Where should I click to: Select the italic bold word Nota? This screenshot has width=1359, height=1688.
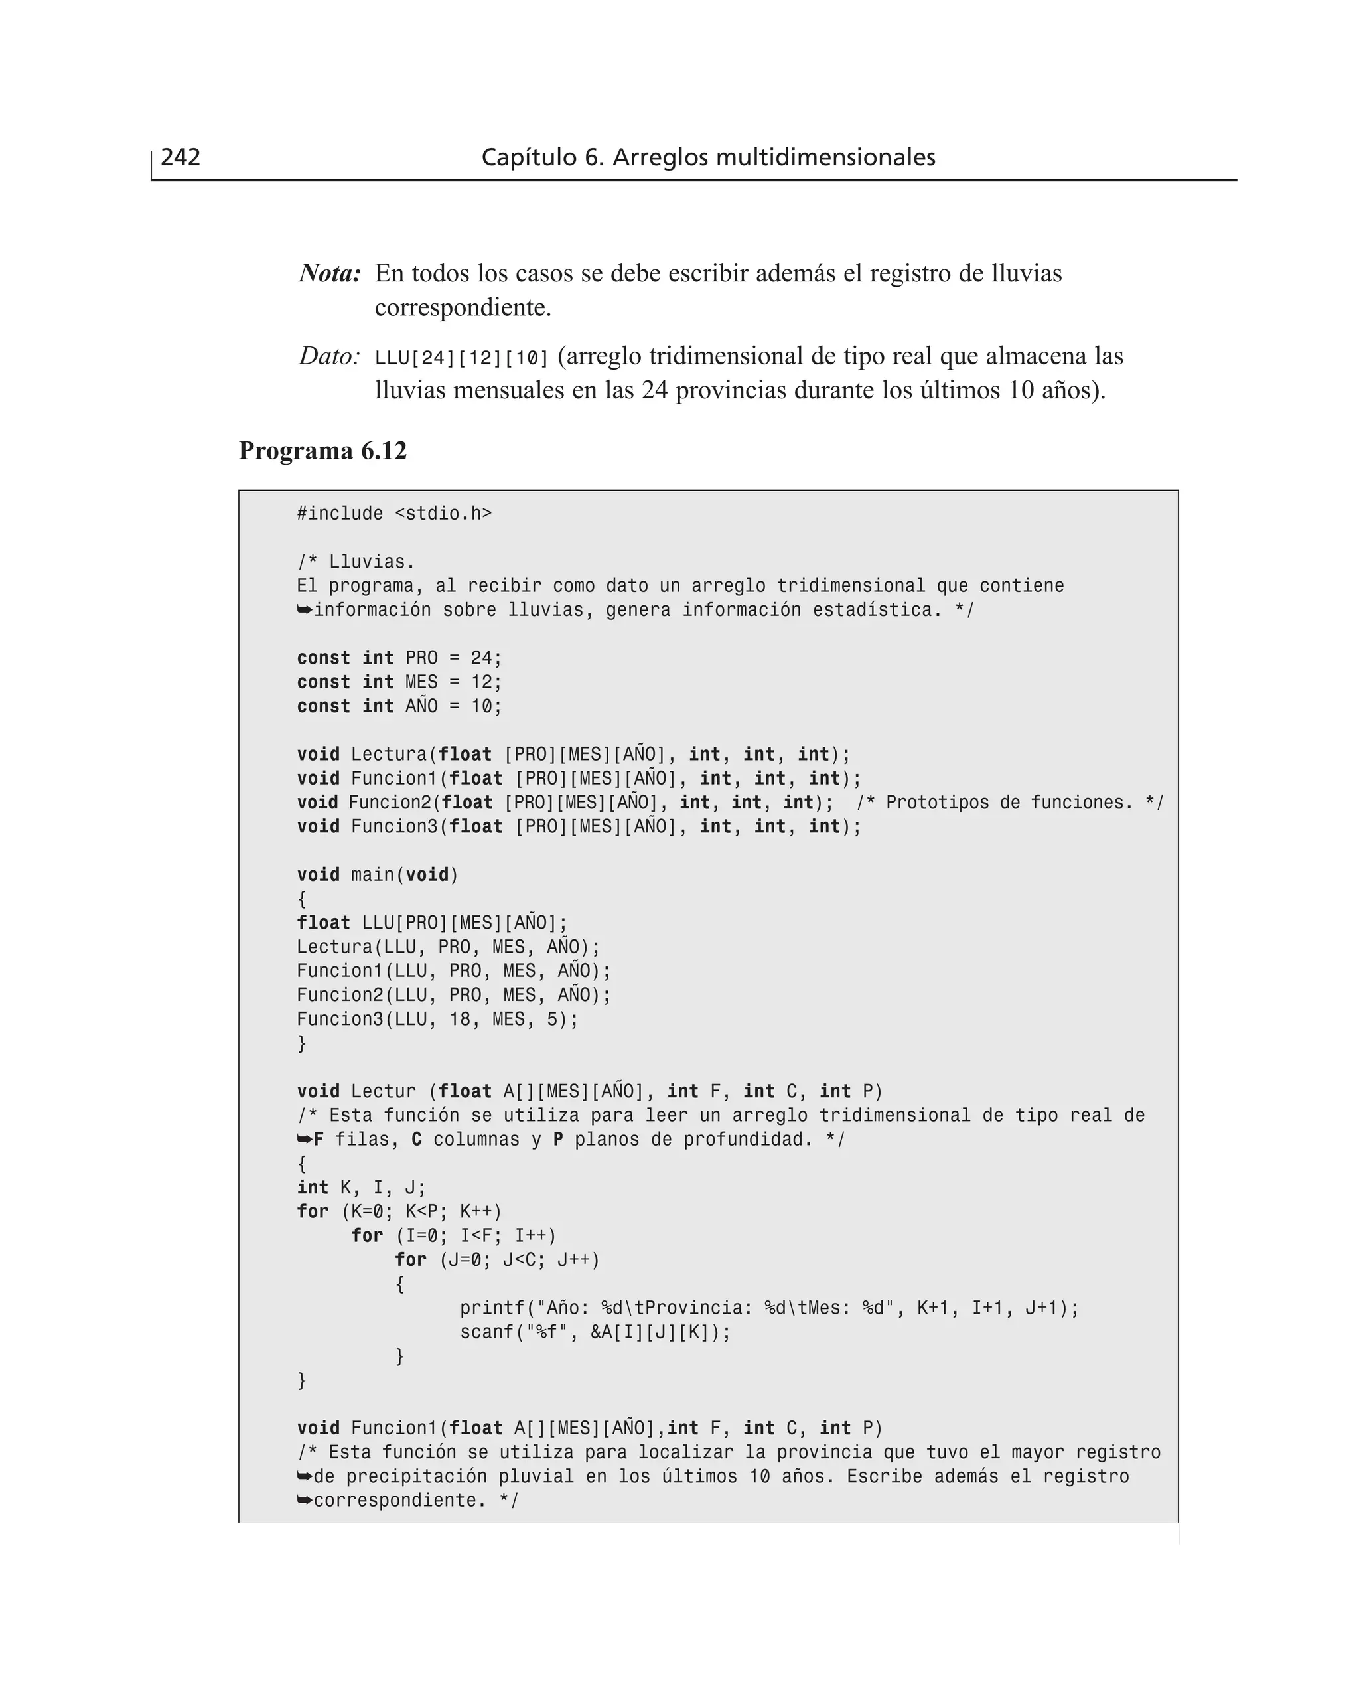click(330, 274)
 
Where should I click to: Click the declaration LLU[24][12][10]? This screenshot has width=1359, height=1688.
click(462, 358)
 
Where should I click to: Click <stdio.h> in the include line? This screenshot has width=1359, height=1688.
click(443, 514)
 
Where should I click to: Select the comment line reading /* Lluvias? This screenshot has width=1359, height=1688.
click(356, 562)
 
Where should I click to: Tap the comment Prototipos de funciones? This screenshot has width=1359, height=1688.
click(1010, 803)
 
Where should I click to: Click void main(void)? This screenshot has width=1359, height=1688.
click(378, 875)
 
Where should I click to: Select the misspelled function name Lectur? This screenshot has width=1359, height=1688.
click(383, 1091)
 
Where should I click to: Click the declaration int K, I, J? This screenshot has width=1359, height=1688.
click(361, 1188)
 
